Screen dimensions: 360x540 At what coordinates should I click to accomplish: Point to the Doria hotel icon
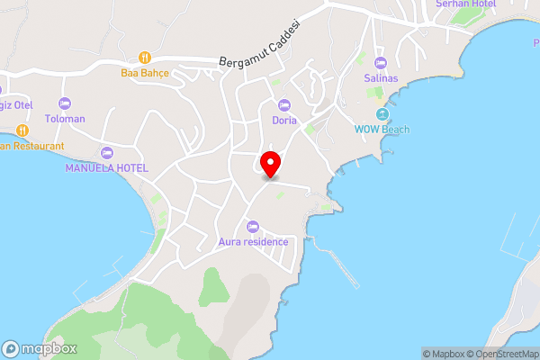pos(284,105)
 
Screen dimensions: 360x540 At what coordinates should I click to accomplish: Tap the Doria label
pos(284,119)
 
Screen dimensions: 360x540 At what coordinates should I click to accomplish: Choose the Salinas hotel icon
pos(380,63)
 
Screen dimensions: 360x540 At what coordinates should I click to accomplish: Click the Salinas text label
pos(380,78)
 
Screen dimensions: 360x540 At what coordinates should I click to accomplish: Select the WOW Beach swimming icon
pos(382,115)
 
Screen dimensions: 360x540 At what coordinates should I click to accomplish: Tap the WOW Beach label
pos(382,130)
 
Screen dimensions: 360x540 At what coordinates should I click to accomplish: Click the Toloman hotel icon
pos(64,104)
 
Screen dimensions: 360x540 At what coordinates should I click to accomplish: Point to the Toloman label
pos(64,118)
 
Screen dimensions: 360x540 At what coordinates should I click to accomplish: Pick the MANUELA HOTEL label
pos(106,167)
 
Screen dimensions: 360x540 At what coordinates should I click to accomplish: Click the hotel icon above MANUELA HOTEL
pos(107,153)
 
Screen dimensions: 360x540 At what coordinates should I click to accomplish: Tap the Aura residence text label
pos(253,241)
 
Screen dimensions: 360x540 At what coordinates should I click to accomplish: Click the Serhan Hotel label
pos(465,4)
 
